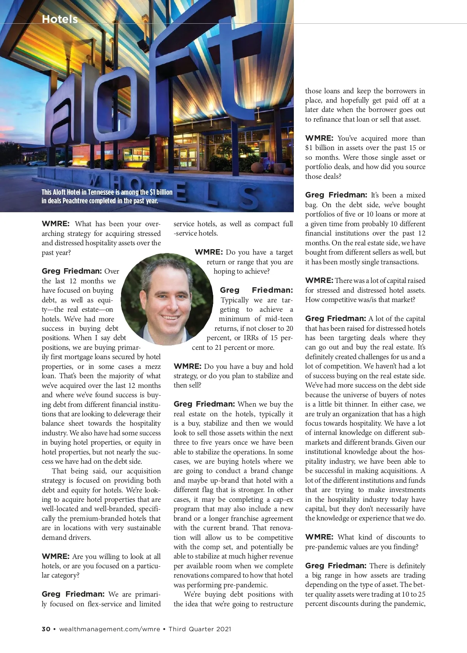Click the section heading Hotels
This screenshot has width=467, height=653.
click(x=60, y=19)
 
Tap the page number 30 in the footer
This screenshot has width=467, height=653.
click(x=46, y=629)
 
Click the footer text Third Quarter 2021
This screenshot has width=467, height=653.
click(x=200, y=629)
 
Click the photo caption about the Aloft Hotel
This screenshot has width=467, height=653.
click(x=107, y=196)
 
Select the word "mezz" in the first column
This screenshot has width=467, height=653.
click(x=153, y=367)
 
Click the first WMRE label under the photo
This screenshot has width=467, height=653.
click(x=55, y=224)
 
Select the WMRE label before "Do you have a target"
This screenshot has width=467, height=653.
click(x=209, y=252)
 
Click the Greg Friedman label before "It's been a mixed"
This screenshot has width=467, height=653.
click(x=336, y=195)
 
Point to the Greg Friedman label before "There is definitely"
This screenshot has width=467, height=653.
click(x=335, y=566)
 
